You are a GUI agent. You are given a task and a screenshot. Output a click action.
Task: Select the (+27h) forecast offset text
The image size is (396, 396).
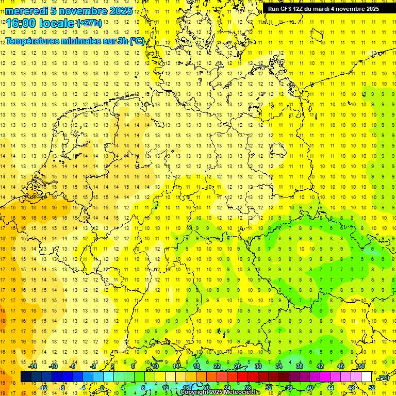[x=89, y=23]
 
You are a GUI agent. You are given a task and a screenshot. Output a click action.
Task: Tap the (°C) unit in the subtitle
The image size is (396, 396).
[x=137, y=41]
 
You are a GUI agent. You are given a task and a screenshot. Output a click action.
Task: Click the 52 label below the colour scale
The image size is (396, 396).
[x=372, y=388]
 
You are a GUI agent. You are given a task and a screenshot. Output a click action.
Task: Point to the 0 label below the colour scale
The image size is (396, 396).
[x=102, y=388]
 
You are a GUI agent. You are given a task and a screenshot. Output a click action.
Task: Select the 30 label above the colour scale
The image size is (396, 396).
[x=258, y=366]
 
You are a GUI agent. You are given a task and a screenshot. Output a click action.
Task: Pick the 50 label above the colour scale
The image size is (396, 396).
[x=361, y=366]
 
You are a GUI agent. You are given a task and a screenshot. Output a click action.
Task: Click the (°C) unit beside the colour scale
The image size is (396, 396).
[x=383, y=377]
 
